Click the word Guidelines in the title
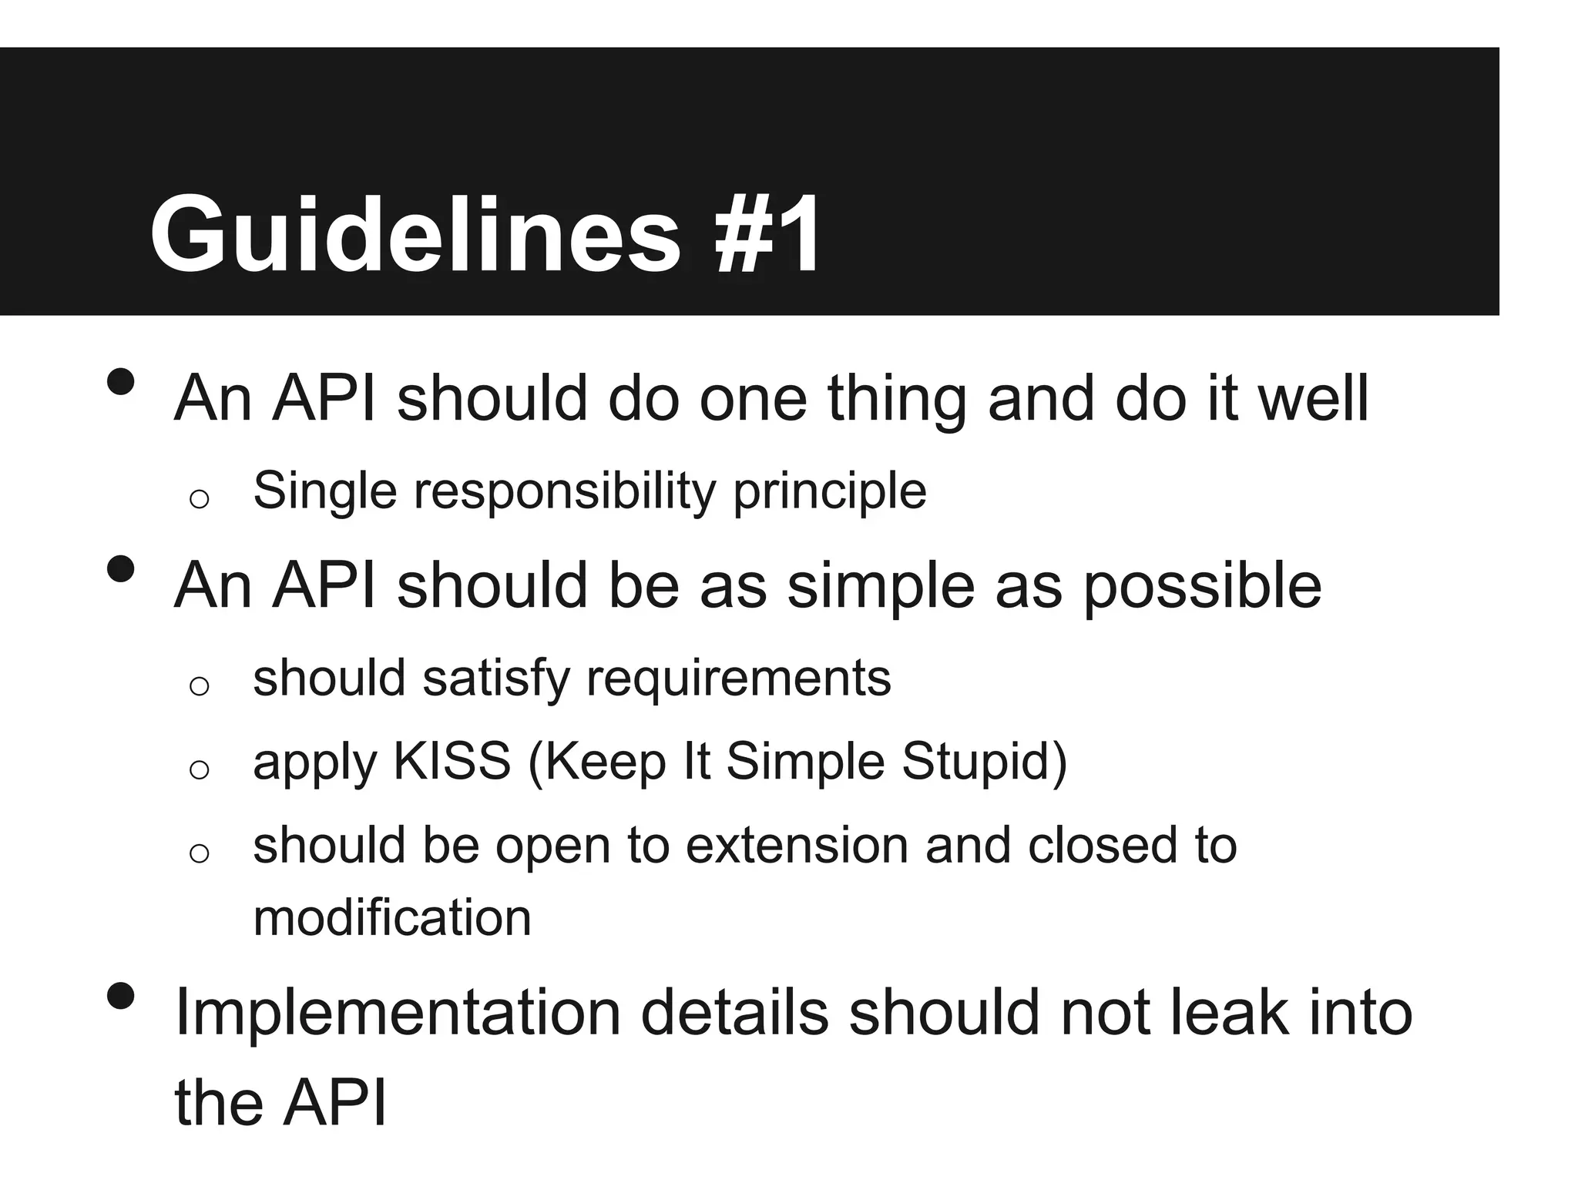pyautogui.click(x=415, y=234)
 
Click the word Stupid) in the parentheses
pyautogui.click(x=984, y=762)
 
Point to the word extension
pyautogui.click(x=797, y=846)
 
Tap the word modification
pyautogui.click(x=392, y=918)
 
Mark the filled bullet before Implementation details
pyautogui.click(x=121, y=997)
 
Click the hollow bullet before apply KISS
pyautogui.click(x=199, y=769)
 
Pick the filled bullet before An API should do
pyautogui.click(x=121, y=381)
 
